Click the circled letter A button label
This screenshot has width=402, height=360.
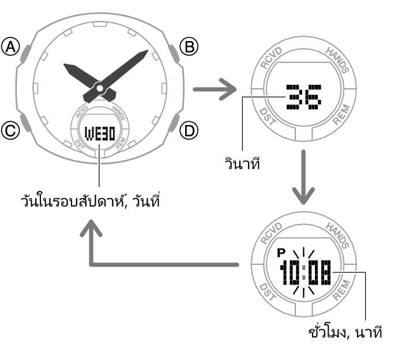tap(10, 47)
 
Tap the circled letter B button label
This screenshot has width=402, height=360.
tap(189, 47)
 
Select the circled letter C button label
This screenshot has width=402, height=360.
tap(10, 130)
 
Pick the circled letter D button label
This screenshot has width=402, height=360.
tap(189, 130)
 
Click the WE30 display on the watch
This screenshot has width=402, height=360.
tap(100, 134)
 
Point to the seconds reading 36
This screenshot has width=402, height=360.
tap(303, 97)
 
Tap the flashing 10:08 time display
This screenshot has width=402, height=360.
tap(305, 272)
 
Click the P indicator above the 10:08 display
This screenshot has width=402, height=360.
tap(281, 253)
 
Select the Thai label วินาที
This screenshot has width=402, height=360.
tap(242, 164)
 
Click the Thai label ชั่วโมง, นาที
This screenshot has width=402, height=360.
tap(345, 332)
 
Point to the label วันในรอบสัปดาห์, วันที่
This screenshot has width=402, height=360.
tap(91, 200)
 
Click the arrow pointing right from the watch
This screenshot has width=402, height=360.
tap(215, 89)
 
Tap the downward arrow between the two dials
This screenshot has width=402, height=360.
tap(303, 177)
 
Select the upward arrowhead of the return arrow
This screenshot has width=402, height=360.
tap(91, 228)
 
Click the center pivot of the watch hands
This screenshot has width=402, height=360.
tap(100, 88)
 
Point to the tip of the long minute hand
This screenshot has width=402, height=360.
tap(148, 50)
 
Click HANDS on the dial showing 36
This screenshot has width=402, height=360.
tap(337, 60)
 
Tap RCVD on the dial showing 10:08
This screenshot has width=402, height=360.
tap(271, 233)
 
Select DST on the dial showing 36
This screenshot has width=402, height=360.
tap(268, 117)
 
